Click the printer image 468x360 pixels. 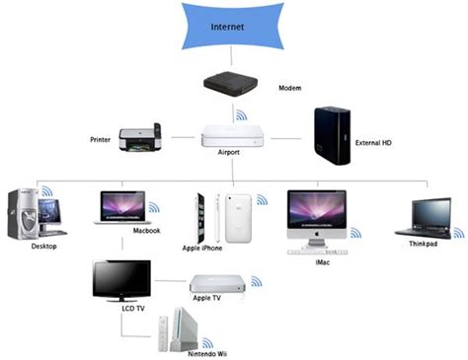tap(139, 141)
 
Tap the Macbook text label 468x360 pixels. tap(146, 230)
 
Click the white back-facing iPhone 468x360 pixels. tap(240, 217)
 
